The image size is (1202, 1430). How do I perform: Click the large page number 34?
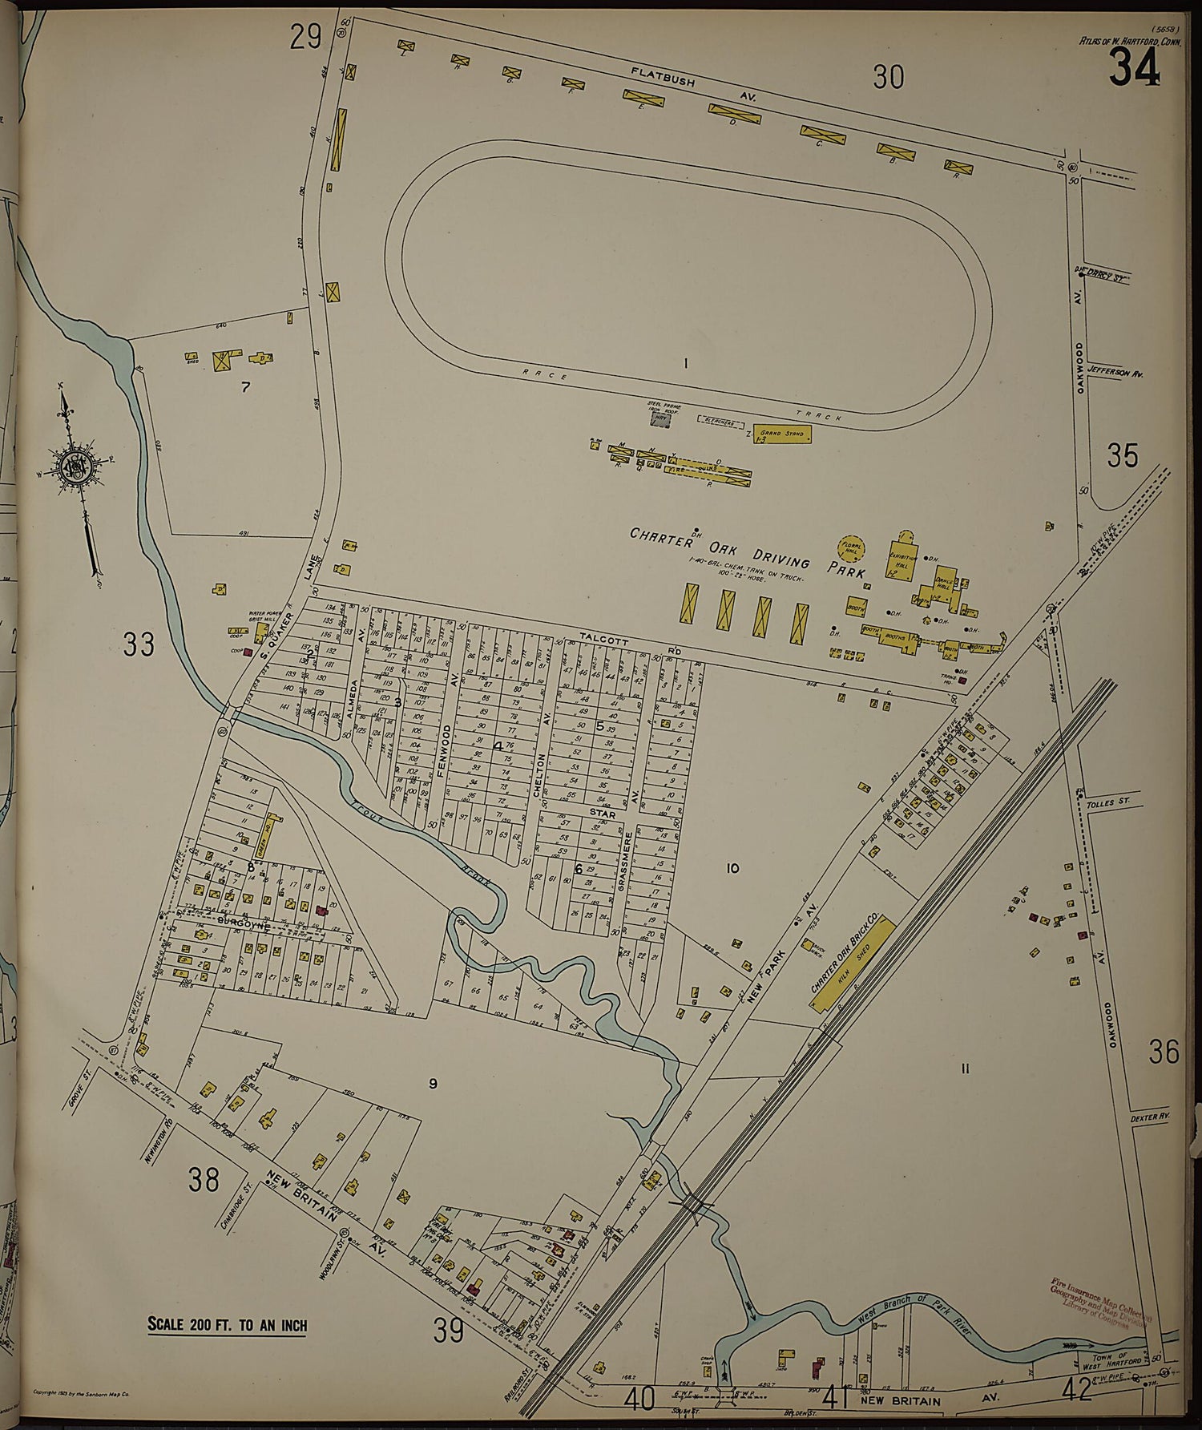(x=1134, y=67)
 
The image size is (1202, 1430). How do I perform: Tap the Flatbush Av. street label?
(x=693, y=87)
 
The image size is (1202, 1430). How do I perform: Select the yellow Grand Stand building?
(x=782, y=434)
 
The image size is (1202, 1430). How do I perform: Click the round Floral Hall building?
(x=851, y=549)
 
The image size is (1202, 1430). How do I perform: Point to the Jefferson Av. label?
(x=1115, y=374)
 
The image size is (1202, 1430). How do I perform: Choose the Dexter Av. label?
(x=1151, y=1117)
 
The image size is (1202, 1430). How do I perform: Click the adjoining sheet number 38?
(x=204, y=1179)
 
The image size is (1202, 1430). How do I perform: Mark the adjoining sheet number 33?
(x=138, y=644)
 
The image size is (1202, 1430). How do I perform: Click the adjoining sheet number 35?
(x=1122, y=455)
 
